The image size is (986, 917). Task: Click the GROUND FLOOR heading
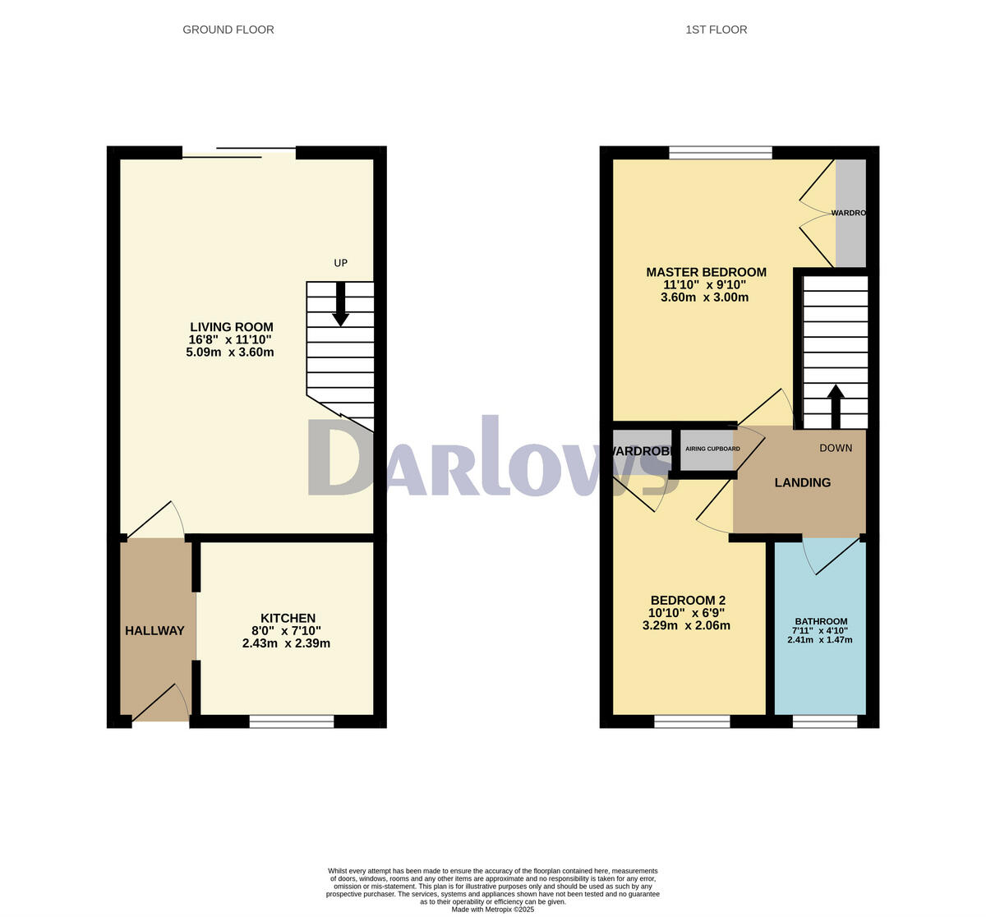[228, 30]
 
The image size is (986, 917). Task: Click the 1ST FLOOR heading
[716, 30]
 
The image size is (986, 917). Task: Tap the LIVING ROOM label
[232, 327]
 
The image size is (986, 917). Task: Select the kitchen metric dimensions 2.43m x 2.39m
[286, 643]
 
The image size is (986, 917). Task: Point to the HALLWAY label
[154, 631]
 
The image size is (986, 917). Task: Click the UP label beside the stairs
[341, 263]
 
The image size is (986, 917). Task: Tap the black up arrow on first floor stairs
[835, 406]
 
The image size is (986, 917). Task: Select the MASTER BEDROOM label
[706, 272]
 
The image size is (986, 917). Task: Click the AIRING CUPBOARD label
[712, 449]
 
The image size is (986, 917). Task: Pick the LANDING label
[802, 482]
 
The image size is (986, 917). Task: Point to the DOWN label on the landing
[836, 448]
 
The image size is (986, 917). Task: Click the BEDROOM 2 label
[688, 600]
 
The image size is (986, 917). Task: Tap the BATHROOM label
[821, 621]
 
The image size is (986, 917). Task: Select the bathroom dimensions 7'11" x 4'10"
[821, 630]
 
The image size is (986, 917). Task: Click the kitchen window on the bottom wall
[291, 721]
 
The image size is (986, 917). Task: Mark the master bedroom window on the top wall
[720, 152]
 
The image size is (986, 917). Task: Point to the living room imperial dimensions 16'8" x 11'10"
[230, 339]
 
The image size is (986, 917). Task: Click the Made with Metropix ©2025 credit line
[493, 909]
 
